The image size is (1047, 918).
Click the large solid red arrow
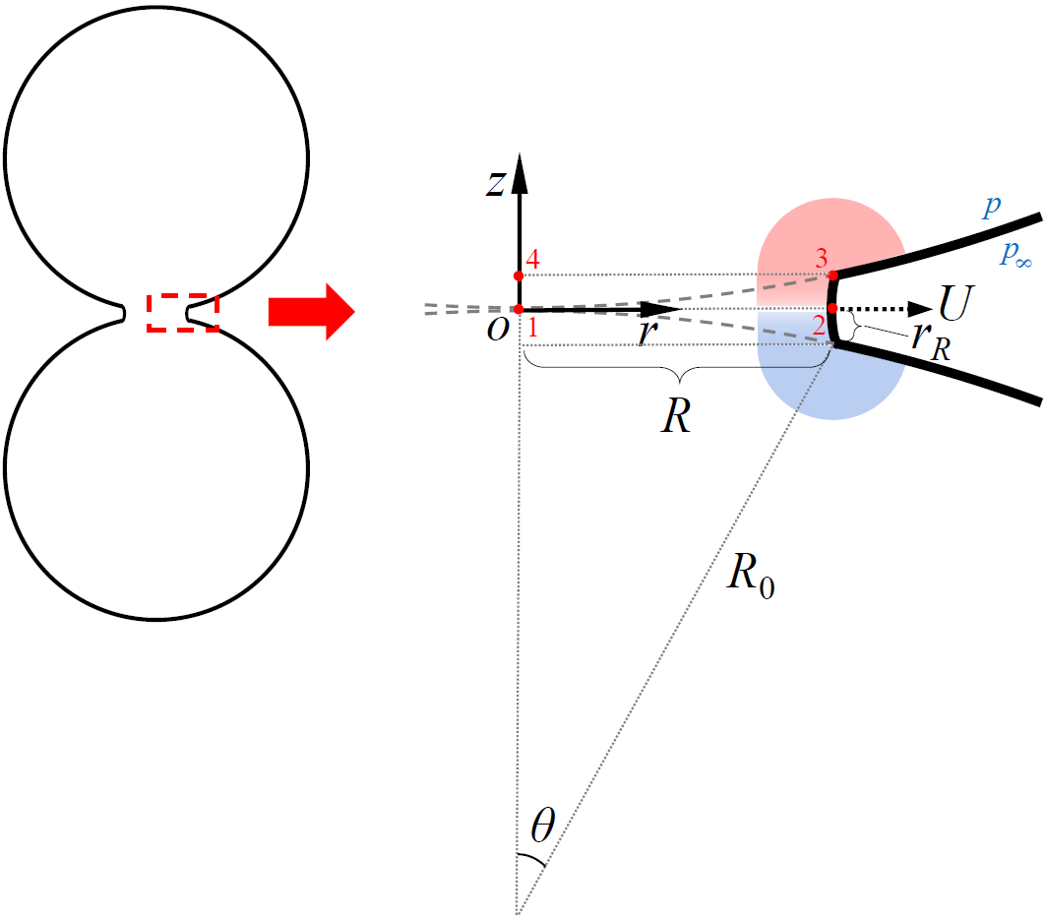tap(310, 312)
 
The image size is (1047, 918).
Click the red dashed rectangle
tap(183, 312)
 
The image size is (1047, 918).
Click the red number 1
tap(532, 329)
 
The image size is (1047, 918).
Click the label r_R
tap(930, 341)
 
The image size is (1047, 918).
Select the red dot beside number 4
tap(519, 275)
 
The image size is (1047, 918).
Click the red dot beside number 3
tap(832, 275)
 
